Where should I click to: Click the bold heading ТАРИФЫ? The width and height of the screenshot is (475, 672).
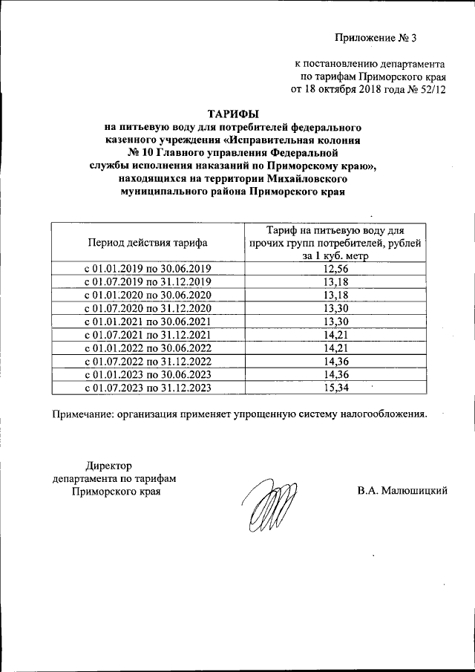233,114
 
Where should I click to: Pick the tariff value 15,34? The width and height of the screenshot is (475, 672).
336,388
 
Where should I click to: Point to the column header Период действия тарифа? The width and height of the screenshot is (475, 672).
148,242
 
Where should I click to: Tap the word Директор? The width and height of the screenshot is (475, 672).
108,465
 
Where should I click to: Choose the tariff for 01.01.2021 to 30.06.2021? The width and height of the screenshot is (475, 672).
336,321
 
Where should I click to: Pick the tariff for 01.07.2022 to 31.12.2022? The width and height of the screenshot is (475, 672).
336,361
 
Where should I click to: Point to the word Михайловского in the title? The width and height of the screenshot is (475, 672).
305,179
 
